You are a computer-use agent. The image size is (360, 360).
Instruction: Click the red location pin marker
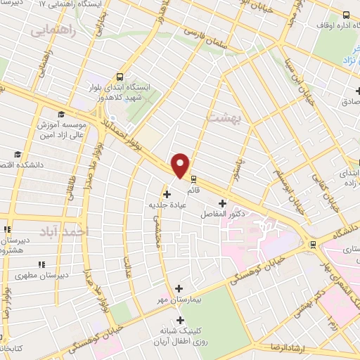pyautogui.click(x=181, y=165)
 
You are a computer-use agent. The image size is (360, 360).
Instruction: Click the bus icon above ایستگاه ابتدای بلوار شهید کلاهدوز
pyautogui.click(x=120, y=76)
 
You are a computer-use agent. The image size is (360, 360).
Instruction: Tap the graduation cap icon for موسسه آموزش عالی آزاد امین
pyautogui.click(x=61, y=115)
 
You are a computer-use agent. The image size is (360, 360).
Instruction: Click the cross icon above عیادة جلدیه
pyautogui.click(x=167, y=194)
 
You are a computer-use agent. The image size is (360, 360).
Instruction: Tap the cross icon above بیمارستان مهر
pyautogui.click(x=178, y=288)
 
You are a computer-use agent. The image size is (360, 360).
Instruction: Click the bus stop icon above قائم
pyautogui.click(x=194, y=179)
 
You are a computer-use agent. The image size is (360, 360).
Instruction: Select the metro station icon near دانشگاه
pyautogui.click(x=313, y=245)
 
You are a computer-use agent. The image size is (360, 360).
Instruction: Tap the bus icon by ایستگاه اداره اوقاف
pyautogui.click(x=345, y=15)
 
